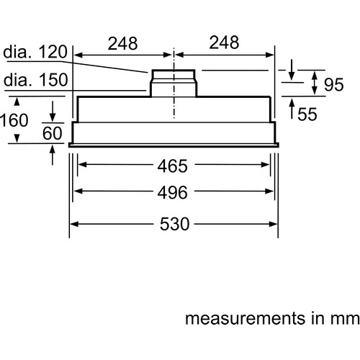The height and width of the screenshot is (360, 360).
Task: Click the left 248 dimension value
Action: coord(122,43)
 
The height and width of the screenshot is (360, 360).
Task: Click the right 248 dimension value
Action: coord(224,42)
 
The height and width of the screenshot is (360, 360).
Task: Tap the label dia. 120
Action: coord(35,52)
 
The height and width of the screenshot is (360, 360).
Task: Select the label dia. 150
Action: coord(36,79)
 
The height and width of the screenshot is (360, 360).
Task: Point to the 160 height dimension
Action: coord(14,120)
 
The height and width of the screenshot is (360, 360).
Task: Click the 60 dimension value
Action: coord(53,133)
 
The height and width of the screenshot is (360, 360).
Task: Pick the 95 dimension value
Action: coord(334,84)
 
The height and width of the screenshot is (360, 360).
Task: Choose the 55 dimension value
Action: coord(307,114)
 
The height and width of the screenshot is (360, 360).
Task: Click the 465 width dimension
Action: coord(172,166)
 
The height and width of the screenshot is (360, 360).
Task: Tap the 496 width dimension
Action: coord(172,192)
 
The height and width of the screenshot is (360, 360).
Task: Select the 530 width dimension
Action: coord(175,224)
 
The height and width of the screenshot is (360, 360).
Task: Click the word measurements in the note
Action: coord(245,318)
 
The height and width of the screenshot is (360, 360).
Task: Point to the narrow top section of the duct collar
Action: coord(174,76)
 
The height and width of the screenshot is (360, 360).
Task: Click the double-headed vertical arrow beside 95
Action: coord(315,84)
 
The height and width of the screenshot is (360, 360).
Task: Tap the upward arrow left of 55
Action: coord(292,109)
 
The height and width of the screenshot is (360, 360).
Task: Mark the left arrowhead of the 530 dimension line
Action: coord(74,224)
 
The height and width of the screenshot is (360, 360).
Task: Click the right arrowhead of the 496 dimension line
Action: coord(269,192)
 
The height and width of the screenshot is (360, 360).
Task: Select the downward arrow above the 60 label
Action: coord(53,112)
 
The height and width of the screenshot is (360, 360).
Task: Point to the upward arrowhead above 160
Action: coord(17,102)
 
